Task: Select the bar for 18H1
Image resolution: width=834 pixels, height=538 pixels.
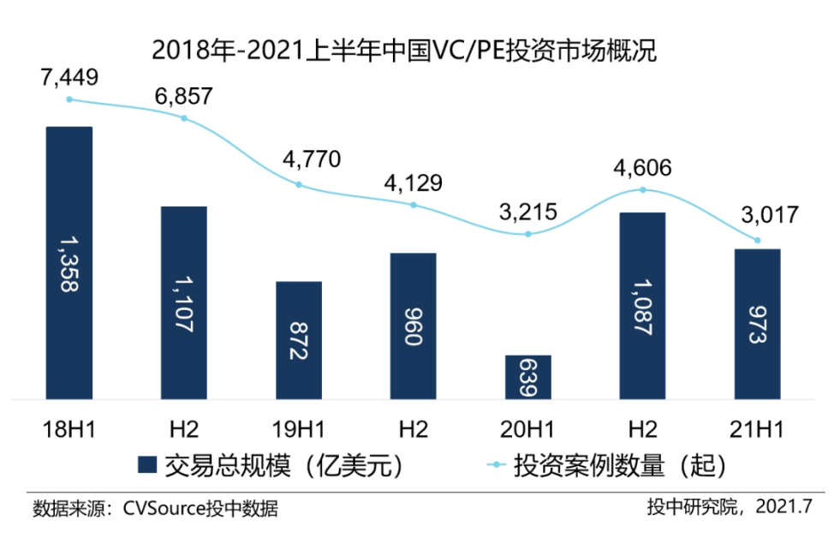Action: coord(69,262)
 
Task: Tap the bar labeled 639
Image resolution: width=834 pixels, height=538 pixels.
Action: coord(528,377)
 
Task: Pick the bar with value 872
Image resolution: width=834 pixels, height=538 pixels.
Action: coord(299,340)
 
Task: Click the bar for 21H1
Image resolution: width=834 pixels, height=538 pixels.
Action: coord(758,324)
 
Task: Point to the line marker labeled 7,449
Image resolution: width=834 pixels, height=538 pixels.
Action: coord(69,99)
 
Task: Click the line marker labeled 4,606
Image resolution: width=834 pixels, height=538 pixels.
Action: coord(643,190)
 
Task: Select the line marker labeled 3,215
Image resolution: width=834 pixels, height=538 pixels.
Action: coord(528,234)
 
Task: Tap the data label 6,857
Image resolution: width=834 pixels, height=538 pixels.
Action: coord(183,95)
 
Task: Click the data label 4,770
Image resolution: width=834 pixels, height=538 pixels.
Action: coord(299,159)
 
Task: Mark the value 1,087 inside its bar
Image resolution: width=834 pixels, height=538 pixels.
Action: coord(643,306)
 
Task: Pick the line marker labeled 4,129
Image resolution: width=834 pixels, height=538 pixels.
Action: coord(414,205)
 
